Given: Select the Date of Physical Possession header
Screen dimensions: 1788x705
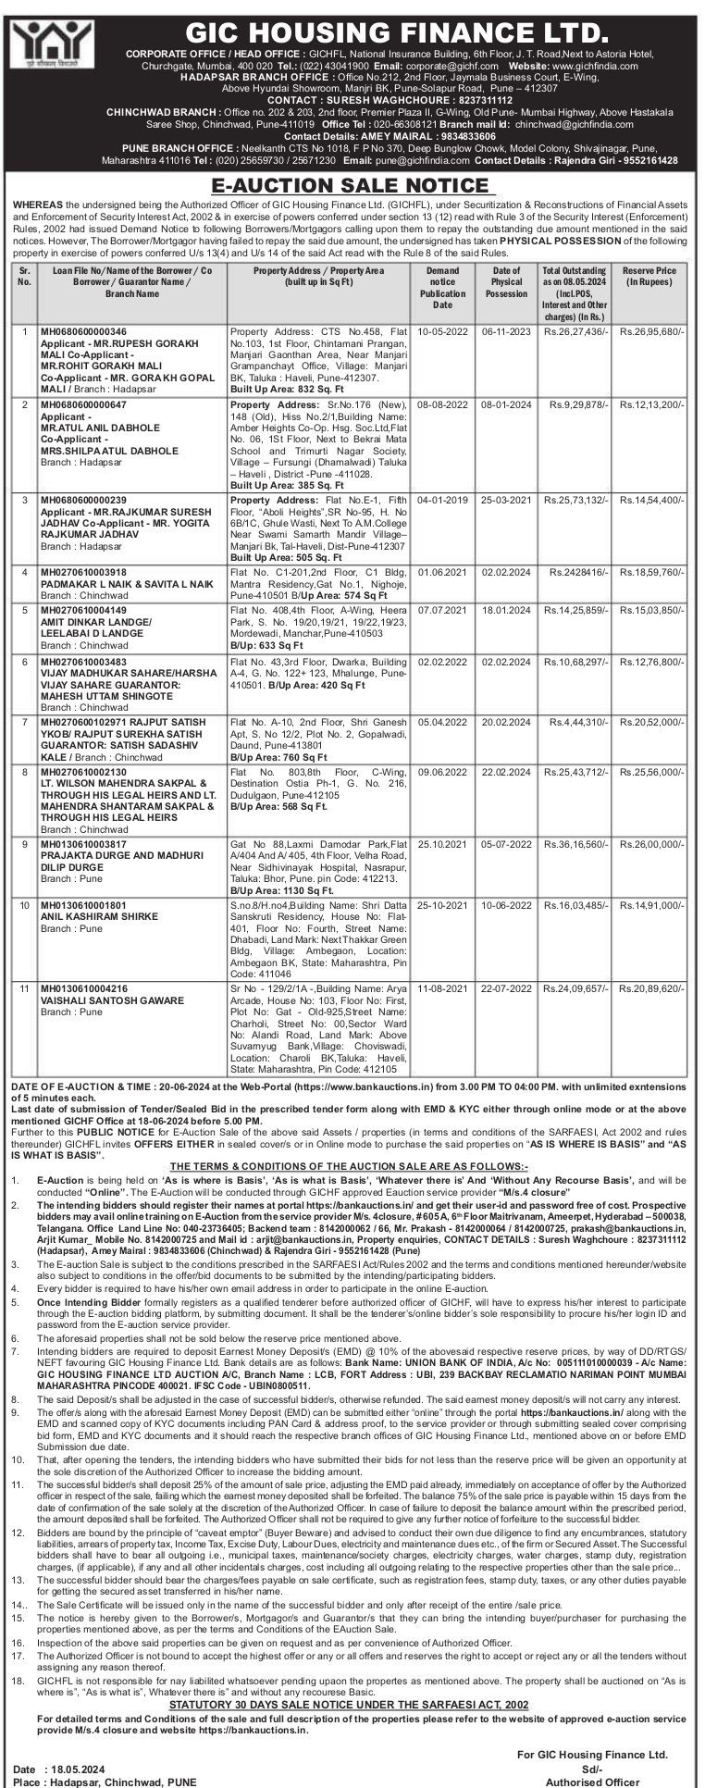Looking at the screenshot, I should [x=506, y=282].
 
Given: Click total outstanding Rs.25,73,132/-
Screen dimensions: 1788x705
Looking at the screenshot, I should [x=576, y=499].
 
